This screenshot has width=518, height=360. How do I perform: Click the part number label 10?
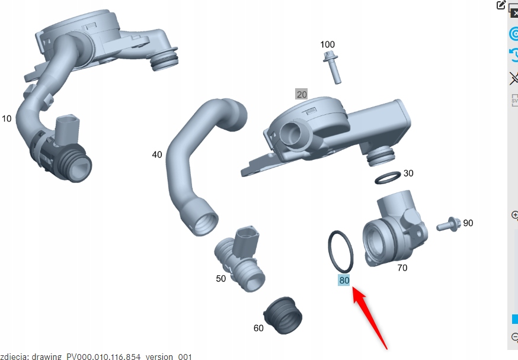click(x=7, y=118)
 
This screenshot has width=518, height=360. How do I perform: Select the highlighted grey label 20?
click(x=302, y=94)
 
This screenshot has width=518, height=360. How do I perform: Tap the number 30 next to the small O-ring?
click(x=408, y=173)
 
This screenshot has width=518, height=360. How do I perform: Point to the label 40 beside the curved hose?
click(x=157, y=155)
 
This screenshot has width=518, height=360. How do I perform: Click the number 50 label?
click(x=220, y=278)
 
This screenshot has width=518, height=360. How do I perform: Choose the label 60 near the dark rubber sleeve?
click(x=258, y=328)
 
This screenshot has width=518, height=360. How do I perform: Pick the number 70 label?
click(x=402, y=268)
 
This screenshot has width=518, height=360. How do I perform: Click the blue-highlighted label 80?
click(x=344, y=280)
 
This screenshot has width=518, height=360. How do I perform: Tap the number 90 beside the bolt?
click(x=468, y=223)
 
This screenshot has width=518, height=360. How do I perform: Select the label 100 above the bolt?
click(x=327, y=44)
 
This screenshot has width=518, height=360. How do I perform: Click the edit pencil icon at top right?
click(x=501, y=5)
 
